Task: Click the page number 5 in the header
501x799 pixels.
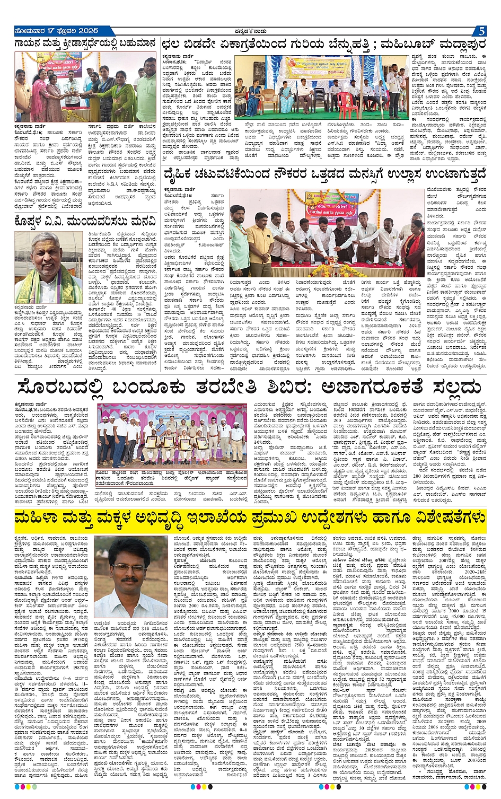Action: [x=481, y=31]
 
